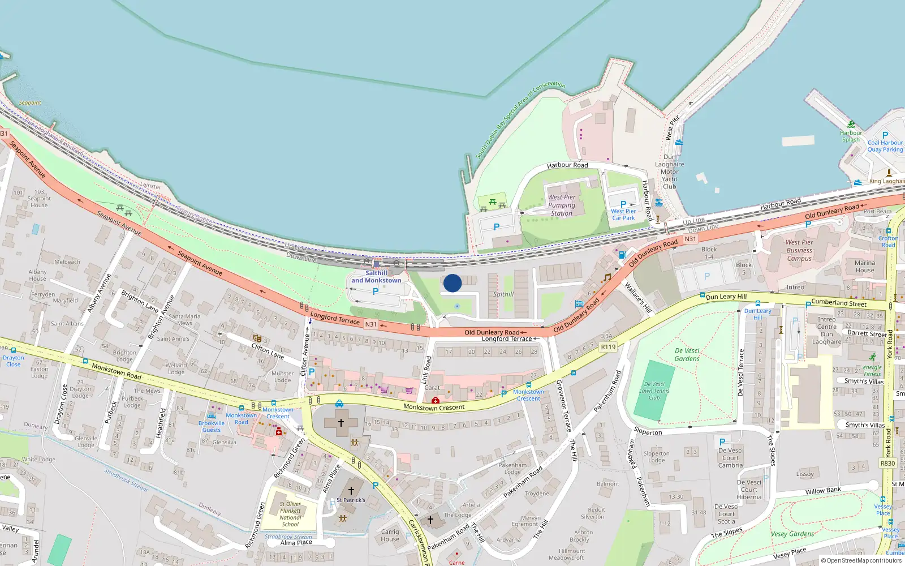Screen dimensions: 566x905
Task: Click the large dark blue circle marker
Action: (453, 283)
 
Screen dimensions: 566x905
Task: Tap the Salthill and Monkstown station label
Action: (376, 277)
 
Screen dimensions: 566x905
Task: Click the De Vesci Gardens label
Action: (687, 354)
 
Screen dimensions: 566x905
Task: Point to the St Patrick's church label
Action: (351, 500)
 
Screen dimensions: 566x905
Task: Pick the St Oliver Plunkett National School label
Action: (290, 514)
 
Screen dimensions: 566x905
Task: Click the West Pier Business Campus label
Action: (799, 250)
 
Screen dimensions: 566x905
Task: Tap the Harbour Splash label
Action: (851, 136)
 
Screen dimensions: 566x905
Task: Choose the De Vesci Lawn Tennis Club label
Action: (654, 391)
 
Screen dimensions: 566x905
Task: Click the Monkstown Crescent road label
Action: (434, 407)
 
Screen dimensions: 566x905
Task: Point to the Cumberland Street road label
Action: (839, 303)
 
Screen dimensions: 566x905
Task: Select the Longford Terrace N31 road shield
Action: (370, 324)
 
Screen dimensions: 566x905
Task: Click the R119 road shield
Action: (608, 347)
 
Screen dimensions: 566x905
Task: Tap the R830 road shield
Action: (887, 464)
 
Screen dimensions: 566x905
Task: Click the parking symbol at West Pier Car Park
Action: (623, 204)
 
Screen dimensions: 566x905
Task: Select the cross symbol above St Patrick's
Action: (351, 491)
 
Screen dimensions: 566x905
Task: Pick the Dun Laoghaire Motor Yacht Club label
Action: (670, 171)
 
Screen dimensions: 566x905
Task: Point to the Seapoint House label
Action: (39, 198)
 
